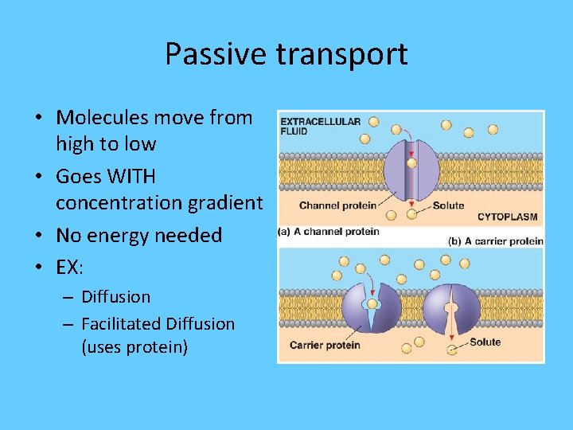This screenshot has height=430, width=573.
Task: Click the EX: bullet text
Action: tap(69, 268)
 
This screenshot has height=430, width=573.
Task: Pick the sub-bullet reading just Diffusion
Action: tap(115, 297)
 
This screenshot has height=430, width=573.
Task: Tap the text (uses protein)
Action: tap(134, 347)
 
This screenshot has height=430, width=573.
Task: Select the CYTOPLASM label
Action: tap(507, 217)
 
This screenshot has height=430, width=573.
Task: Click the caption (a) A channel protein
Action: tap(329, 232)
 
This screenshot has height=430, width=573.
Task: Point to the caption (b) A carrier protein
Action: tap(495, 240)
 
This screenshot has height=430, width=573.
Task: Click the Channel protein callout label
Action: tap(337, 205)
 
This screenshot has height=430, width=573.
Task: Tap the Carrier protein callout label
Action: tap(325, 345)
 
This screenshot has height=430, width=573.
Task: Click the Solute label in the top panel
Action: tap(448, 205)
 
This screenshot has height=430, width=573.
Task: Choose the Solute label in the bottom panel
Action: tap(485, 342)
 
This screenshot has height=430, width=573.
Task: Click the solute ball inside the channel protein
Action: tap(411, 163)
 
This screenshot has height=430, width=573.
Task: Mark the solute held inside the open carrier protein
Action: tap(370, 303)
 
